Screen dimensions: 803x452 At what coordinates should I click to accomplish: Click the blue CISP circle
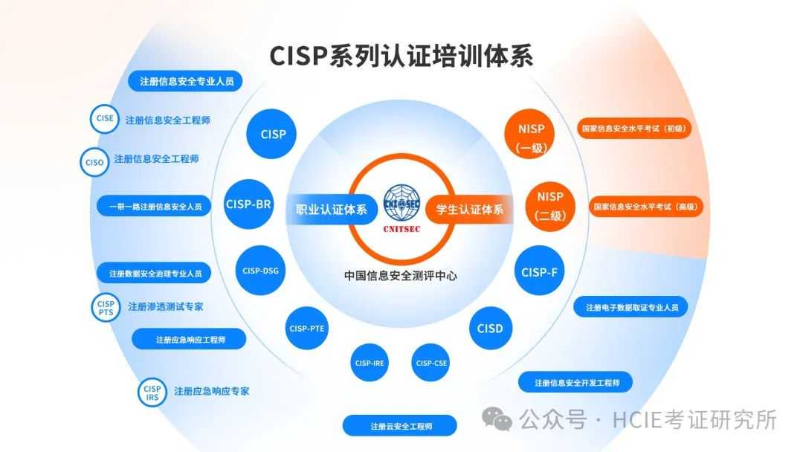coord(271,134)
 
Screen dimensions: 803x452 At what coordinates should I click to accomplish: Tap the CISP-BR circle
coord(248,204)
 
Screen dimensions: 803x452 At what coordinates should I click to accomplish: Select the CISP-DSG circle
coord(261,271)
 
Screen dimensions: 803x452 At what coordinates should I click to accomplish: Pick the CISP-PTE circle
coord(307,328)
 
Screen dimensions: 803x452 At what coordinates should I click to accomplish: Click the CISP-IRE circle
coord(370,363)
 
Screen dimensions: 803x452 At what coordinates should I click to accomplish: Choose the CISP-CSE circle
coord(431,363)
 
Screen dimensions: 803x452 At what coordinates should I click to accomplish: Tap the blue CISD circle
coord(491,328)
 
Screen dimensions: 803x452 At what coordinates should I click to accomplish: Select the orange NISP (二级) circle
coord(550,206)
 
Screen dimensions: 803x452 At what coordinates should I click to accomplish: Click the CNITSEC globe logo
coord(401,204)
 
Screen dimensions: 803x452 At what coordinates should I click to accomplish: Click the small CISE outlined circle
coord(105,119)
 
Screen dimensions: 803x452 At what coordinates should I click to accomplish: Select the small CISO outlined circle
coord(94,162)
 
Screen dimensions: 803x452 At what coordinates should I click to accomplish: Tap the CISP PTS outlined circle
coord(106,307)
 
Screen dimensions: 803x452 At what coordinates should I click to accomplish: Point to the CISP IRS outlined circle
coord(152,393)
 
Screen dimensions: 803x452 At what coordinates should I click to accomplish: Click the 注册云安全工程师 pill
coord(399,425)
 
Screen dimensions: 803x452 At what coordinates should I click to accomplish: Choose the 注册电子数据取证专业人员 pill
coord(631,306)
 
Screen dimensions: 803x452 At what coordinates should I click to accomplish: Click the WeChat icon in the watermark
coord(496,419)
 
